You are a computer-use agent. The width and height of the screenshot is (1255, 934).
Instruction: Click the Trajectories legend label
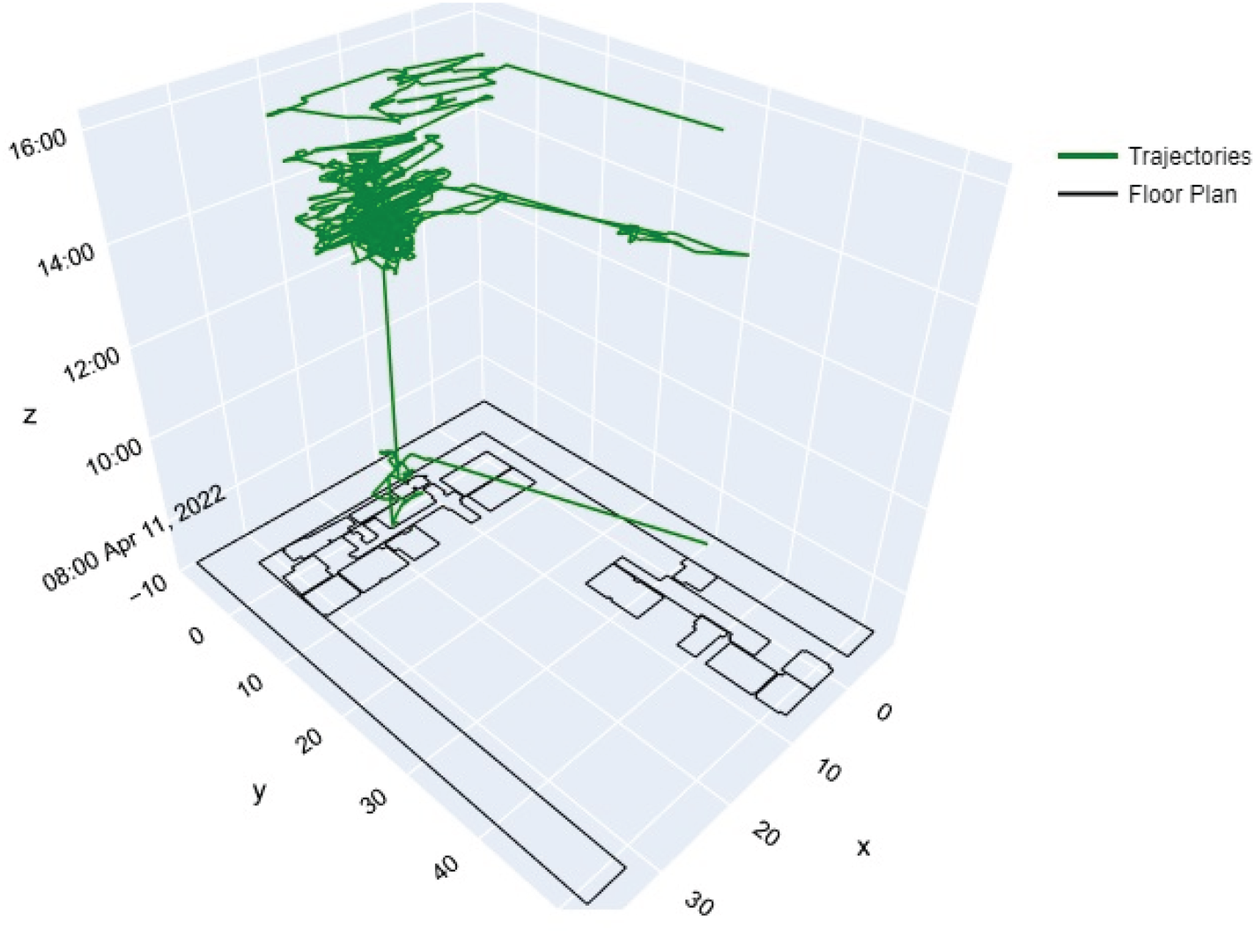[1189, 155]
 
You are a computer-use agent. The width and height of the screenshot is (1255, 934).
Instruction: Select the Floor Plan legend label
[1182, 194]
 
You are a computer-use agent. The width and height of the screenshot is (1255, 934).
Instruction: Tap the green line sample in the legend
[1088, 156]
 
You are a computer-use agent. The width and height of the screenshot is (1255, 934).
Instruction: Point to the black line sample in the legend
[1088, 194]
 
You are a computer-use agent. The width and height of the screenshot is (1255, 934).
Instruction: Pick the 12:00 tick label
[92, 365]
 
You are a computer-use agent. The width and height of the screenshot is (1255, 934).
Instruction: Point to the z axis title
[30, 416]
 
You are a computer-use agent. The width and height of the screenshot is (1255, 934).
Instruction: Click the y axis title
[259, 791]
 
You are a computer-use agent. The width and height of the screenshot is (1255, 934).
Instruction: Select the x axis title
[863, 847]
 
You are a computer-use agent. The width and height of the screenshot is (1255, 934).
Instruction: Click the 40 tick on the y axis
[447, 867]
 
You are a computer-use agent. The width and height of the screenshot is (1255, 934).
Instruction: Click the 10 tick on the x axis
[829, 771]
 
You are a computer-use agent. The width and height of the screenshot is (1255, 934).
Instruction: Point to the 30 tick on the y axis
[375, 800]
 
